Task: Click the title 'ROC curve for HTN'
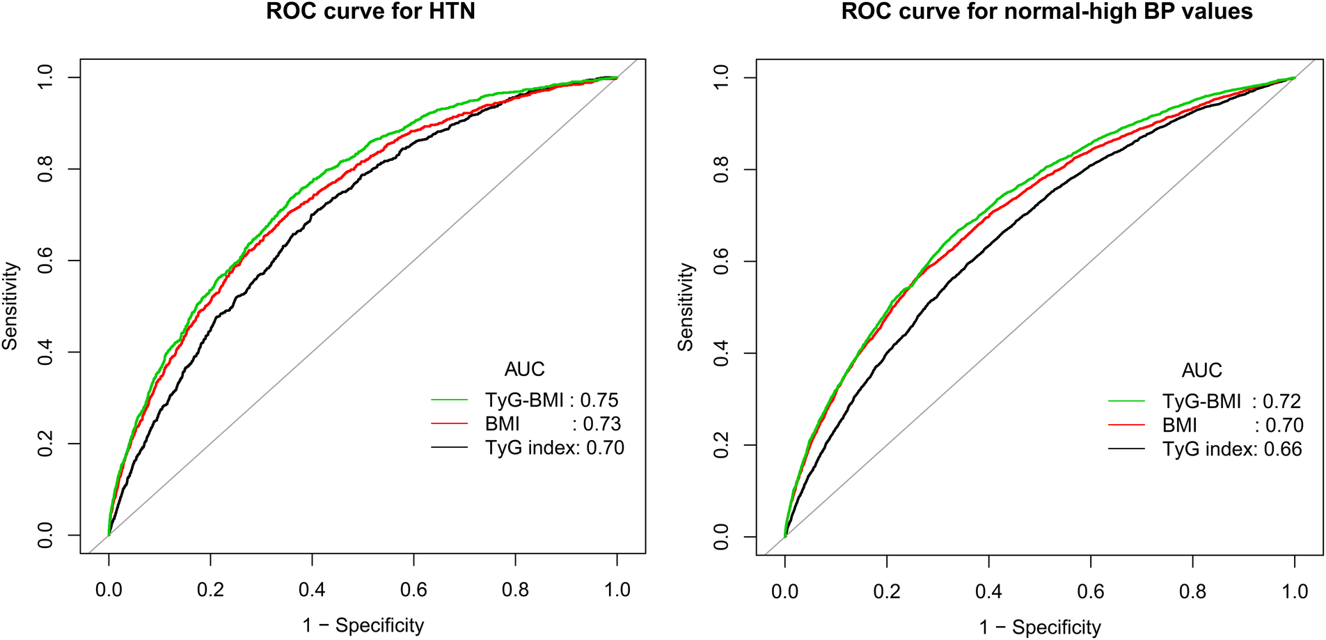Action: point(370,12)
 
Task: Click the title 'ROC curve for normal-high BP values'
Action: point(1046,12)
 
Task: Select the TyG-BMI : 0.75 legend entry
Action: point(551,400)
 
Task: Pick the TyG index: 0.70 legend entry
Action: point(554,448)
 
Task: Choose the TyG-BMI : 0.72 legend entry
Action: point(1231,402)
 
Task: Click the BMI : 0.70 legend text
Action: point(1232,426)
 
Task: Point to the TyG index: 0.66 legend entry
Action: point(1231,449)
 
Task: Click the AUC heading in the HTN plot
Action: point(524,369)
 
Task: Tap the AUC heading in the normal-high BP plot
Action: point(1201,370)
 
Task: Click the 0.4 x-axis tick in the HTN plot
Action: point(312,591)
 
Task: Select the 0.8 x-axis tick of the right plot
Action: point(1192,592)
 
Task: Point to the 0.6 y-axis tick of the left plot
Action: point(45,260)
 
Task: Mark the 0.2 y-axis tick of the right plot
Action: point(722,445)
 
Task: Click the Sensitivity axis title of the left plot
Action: point(10,306)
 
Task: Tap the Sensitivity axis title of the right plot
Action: point(686,306)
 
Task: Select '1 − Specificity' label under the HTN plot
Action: point(363,625)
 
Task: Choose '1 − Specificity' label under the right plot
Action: point(1040,627)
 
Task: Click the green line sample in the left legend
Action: point(449,400)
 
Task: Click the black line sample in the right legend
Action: point(1126,449)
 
